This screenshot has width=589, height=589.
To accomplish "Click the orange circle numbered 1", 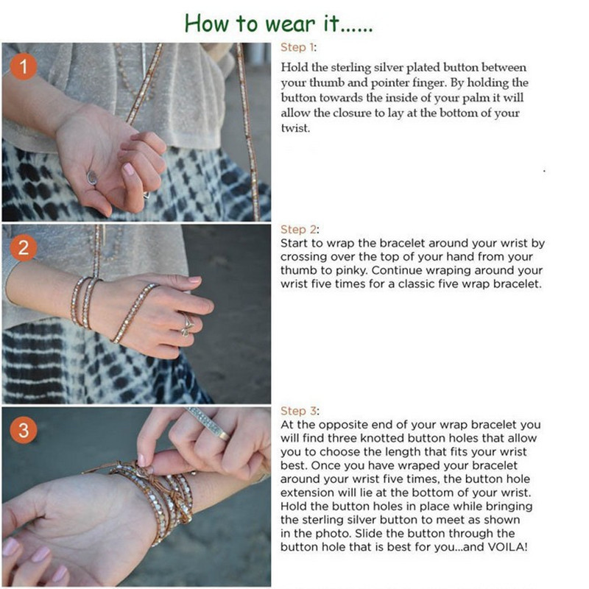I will click(x=24, y=68).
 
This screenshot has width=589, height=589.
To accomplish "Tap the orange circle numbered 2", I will click(x=24, y=248).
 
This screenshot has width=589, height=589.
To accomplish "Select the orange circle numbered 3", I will click(x=24, y=430).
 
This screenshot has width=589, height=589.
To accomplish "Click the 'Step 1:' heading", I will click(x=298, y=47).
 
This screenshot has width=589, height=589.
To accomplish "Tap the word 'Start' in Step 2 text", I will click(x=295, y=243).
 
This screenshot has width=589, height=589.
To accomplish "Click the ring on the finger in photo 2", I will click(x=187, y=322).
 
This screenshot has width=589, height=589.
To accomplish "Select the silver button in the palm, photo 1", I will click(x=92, y=177).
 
